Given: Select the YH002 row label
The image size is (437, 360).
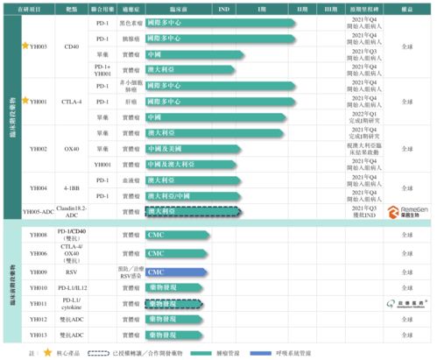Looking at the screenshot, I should click(39, 150).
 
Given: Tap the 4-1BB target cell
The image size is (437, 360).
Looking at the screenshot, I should click(72, 187).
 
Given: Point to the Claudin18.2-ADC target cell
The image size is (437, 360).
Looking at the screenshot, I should click(72, 211).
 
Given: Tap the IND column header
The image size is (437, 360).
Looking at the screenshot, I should click(222, 8).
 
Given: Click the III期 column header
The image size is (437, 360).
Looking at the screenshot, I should click(330, 8).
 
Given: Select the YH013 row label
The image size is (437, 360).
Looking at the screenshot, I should click(39, 335).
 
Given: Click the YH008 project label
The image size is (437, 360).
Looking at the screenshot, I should click(39, 236).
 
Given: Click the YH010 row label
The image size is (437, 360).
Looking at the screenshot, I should click(39, 287).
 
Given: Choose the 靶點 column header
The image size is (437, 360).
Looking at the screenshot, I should click(72, 8).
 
